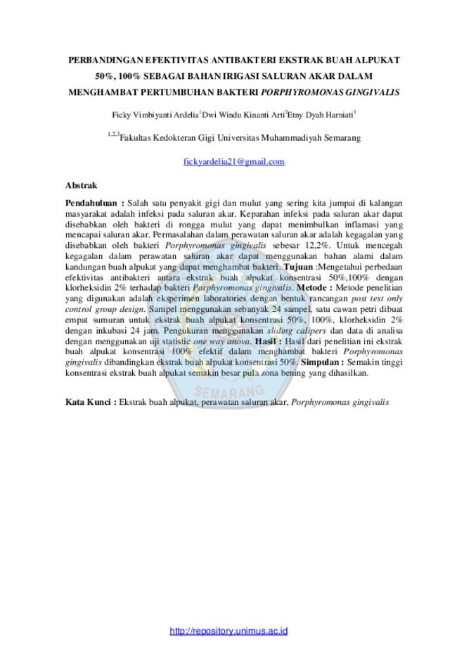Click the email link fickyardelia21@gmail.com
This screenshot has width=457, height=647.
(233, 162)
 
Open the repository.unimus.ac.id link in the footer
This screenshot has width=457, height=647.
(228, 631)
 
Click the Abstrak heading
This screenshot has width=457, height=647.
(81, 185)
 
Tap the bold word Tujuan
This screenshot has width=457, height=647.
(298, 267)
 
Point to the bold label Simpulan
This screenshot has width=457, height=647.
(322, 363)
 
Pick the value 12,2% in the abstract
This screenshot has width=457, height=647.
(318, 246)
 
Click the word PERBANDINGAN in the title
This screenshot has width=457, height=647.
(106, 61)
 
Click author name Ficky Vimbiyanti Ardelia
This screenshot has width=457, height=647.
(155, 115)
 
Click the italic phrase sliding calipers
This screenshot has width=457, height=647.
(297, 330)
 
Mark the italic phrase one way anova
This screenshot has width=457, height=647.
(222, 341)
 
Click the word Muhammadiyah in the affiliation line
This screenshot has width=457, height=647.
(291, 138)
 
